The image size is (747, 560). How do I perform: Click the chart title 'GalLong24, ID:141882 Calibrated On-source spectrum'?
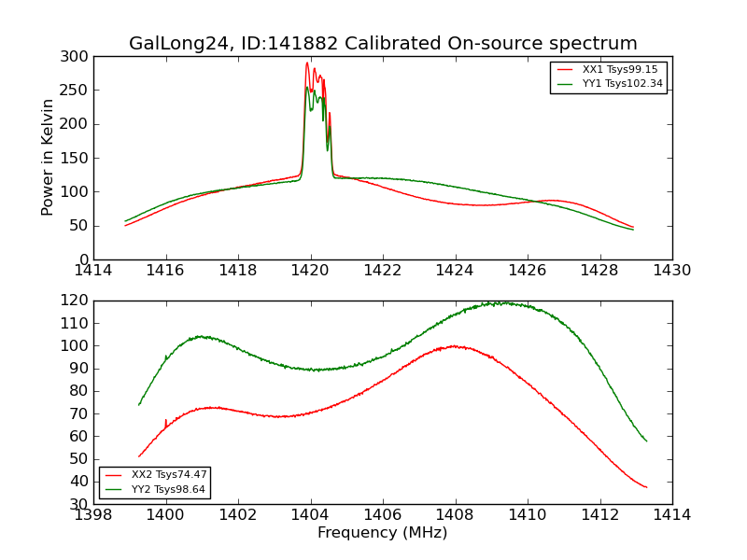pyautogui.click(x=383, y=44)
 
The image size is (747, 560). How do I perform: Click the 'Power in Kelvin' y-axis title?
pyautogui.click(x=48, y=158)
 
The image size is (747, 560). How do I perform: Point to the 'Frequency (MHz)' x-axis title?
pyautogui.click(x=383, y=533)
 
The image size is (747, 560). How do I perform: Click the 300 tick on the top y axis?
pyautogui.click(x=78, y=57)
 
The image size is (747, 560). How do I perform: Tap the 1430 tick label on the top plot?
pyautogui.click(x=671, y=270)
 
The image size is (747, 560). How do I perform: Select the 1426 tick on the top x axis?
pyautogui.click(x=528, y=270)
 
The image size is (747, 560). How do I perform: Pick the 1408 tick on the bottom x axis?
pyautogui.click(x=455, y=514)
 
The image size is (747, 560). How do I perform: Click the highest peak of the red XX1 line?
pyautogui.click(x=307, y=63)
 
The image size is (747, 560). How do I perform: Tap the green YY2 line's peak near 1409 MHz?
pyautogui.click(x=505, y=302)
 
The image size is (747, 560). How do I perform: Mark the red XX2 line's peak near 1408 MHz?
pyautogui.click(x=455, y=345)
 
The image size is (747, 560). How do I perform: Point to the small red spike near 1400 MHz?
pyautogui.click(x=166, y=421)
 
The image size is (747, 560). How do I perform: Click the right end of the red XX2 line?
pyautogui.click(x=646, y=487)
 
